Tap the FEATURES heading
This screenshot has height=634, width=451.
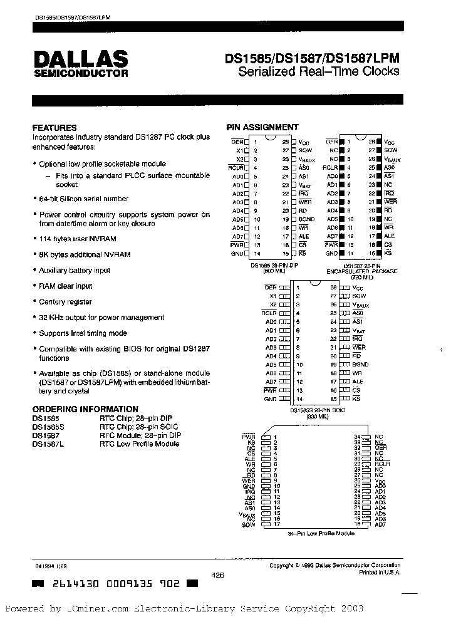pyautogui.click(x=54, y=127)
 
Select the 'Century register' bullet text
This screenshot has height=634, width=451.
pyautogui.click(x=66, y=301)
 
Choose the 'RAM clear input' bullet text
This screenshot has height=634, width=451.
pyautogui.click(x=66, y=286)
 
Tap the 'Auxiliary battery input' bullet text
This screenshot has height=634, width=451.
pyautogui.click(x=75, y=270)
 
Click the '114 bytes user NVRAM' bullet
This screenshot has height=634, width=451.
pyautogui.click(x=78, y=239)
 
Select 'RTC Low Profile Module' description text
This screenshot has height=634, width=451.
pyautogui.click(x=139, y=444)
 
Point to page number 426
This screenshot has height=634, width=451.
pyautogui.click(x=218, y=574)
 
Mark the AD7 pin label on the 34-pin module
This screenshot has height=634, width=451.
pyautogui.click(x=381, y=524)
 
